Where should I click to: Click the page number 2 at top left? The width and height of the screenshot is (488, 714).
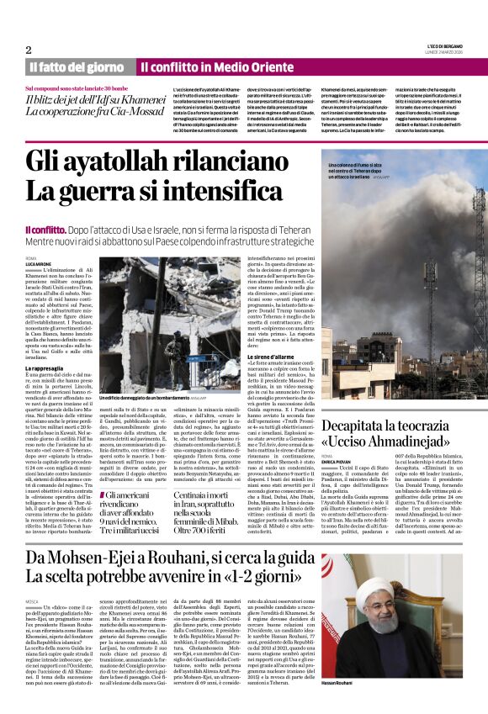point(28,50)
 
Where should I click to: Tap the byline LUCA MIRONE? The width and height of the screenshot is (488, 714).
point(40,263)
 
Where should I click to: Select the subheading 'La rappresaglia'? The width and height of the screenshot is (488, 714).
point(50,368)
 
